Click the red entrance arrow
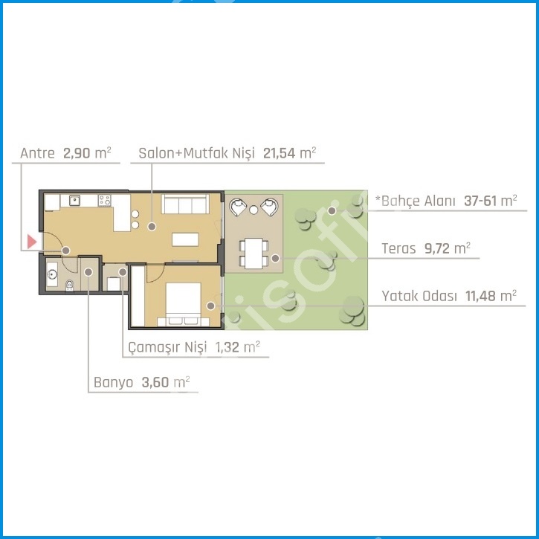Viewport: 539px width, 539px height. (32, 242)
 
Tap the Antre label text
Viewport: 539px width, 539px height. (37, 153)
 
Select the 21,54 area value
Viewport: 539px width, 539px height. (279, 153)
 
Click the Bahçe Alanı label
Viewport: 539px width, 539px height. (416, 201)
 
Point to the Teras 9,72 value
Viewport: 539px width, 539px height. (436, 248)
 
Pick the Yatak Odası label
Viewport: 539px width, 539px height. (419, 296)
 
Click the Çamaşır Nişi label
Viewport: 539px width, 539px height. (167, 347)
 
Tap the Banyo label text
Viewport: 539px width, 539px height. (114, 382)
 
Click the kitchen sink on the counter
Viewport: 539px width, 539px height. (74, 200)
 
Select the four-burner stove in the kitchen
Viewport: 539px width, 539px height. (105, 200)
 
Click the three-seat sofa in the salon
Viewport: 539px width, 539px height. (186, 204)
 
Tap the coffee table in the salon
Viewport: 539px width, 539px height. (185, 239)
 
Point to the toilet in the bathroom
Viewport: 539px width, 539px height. (69, 285)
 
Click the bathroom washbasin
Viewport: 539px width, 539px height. (52, 274)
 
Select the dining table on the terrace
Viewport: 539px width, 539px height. (254, 254)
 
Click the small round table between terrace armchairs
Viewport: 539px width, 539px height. (254, 210)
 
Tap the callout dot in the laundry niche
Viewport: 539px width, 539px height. (123, 272)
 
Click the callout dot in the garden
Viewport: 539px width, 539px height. (332, 210)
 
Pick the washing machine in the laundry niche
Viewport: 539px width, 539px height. (114, 284)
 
